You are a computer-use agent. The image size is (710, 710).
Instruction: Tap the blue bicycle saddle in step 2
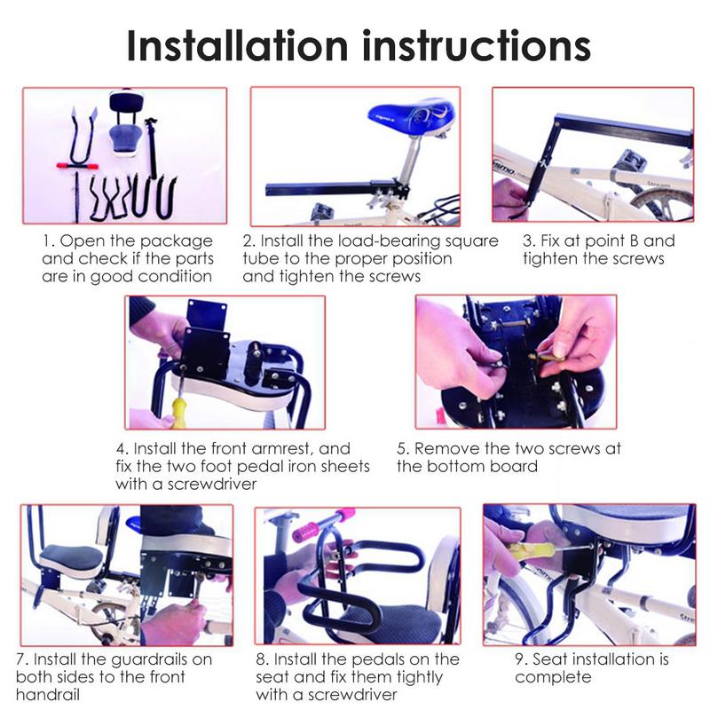point(413,115)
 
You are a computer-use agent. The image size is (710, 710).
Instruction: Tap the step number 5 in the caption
point(402,449)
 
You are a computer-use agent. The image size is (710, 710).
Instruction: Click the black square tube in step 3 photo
point(621,133)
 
